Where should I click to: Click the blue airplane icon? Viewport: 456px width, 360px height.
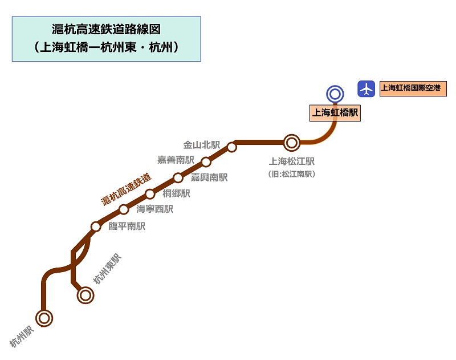tap(366, 88)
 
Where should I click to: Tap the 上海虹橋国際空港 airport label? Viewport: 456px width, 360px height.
tap(413, 88)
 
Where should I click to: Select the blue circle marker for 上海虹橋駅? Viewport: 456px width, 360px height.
tap(335, 94)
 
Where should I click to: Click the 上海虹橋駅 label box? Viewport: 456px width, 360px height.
tap(335, 113)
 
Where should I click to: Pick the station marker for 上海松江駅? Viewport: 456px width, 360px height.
tap(292, 142)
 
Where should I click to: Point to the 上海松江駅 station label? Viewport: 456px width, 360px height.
tap(292, 162)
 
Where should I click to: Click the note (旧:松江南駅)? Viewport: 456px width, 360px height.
tap(291, 174)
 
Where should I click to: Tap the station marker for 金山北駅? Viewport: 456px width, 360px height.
tap(232, 147)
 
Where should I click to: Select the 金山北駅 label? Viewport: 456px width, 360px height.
tap(201, 145)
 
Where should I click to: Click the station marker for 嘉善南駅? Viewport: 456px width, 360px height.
tap(206, 162)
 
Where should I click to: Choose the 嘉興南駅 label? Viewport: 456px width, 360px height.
tap(209, 177)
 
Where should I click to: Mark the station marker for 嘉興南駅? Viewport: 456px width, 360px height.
tap(178, 177)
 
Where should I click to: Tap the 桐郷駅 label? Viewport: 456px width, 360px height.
tap(176, 194)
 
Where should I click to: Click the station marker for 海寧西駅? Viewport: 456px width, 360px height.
tap(124, 209)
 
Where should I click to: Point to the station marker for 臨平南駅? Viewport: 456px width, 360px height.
tap(96, 226)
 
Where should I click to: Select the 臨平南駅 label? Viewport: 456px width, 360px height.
tap(127, 226)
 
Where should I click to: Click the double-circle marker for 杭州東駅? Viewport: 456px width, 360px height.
tap(85, 295)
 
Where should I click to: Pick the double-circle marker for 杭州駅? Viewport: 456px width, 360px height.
tap(44, 317)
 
